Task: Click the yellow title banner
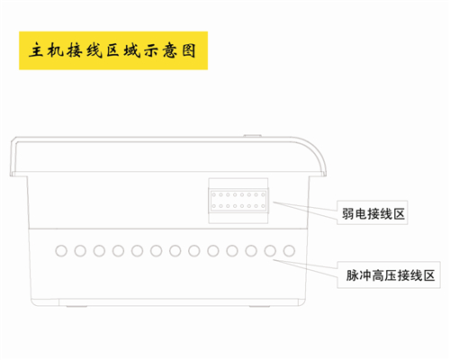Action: pyautogui.click(x=113, y=50)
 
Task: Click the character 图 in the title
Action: pyautogui.click(x=189, y=50)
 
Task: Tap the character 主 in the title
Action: pyautogui.click(x=37, y=50)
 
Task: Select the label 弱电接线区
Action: pyautogui.click(x=373, y=214)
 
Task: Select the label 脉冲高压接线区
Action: pyautogui.click(x=391, y=275)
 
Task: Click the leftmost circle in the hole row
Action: pyautogui.click(x=61, y=251)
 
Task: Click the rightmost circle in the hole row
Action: pyautogui.click(x=289, y=251)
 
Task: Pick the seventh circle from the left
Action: pyautogui.click(x=175, y=251)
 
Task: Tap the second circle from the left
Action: pyautogui.click(x=80, y=251)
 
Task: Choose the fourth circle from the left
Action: pyautogui.click(x=118, y=251)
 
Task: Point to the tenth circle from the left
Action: pyautogui.click(x=232, y=251)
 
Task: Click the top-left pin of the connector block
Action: pyautogui.click(x=214, y=195)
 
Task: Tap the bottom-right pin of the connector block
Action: pyautogui.click(x=263, y=206)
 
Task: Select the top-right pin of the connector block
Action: pyautogui.click(x=263, y=195)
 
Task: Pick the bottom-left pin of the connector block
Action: pyautogui.click(x=214, y=206)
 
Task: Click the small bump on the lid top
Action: pyautogui.click(x=252, y=136)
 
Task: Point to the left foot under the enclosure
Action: pyautogui.click(x=76, y=306)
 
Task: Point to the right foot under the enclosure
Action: pyautogui.click(x=260, y=306)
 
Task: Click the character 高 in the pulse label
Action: pyautogui.click(x=378, y=275)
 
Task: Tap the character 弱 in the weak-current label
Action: pyautogui.click(x=348, y=214)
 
